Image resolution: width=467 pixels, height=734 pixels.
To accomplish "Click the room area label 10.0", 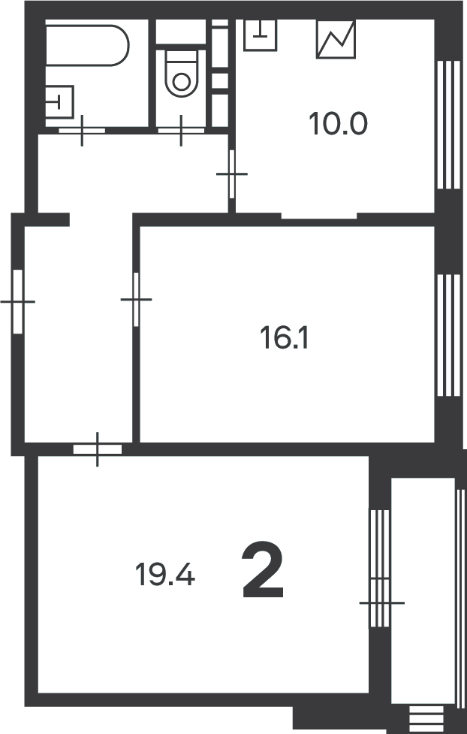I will click(x=338, y=123).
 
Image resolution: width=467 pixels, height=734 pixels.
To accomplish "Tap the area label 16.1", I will click(x=285, y=339).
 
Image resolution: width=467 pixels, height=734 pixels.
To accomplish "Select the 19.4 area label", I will click(x=165, y=575).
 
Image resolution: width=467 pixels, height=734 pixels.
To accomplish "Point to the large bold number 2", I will click(x=263, y=573).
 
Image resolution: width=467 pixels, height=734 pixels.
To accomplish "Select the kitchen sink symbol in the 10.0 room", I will click(x=261, y=34).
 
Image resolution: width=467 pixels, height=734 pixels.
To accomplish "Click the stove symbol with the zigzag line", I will click(x=336, y=39).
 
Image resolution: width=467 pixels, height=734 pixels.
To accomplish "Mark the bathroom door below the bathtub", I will click(x=82, y=131).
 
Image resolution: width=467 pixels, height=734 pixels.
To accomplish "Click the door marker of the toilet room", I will click(x=181, y=131).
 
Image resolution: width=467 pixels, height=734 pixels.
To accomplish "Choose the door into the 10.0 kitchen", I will click(x=232, y=174).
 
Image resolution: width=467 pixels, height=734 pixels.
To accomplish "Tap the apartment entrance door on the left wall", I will click(x=19, y=301).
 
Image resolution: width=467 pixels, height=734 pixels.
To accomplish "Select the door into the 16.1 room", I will click(x=136, y=299).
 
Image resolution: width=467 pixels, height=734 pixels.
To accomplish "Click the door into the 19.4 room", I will click(x=98, y=449).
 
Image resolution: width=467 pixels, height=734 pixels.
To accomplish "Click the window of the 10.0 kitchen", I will click(x=447, y=124).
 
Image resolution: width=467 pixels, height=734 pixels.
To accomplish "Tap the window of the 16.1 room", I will click(x=447, y=334).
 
